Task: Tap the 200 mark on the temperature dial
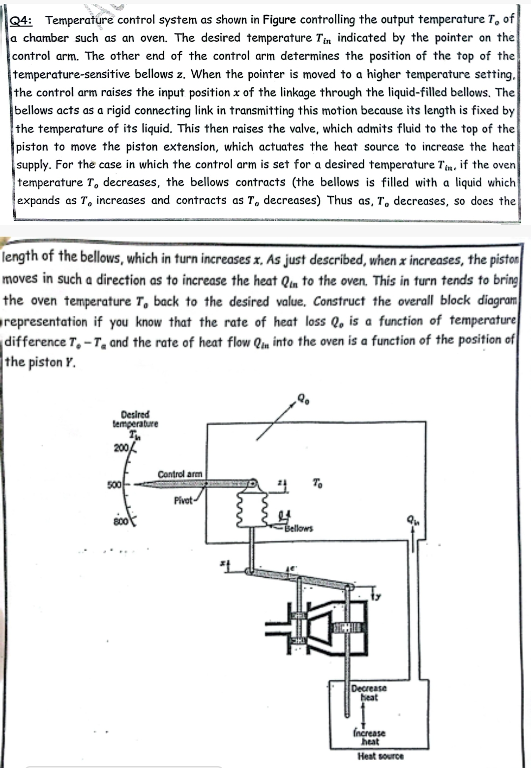120,448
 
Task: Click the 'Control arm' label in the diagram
179,474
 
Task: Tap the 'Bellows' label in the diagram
299,528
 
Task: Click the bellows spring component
254,507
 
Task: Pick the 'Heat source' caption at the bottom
381,756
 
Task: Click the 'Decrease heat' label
369,693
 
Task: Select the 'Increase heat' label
369,737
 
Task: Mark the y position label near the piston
378,597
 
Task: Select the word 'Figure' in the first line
279,20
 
